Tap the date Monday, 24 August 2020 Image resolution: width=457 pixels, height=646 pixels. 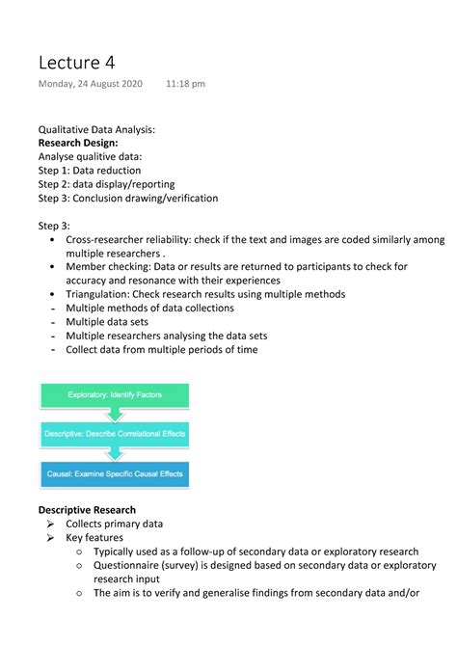(x=90, y=84)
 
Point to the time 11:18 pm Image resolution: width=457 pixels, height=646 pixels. (x=185, y=84)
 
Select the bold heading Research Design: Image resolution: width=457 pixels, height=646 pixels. (x=78, y=142)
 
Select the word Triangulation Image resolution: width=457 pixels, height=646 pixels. (x=99, y=294)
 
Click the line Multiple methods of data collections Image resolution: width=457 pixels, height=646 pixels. (x=149, y=309)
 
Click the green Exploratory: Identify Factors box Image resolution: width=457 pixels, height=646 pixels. (x=114, y=394)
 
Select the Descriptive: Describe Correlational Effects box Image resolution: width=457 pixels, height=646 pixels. (x=114, y=434)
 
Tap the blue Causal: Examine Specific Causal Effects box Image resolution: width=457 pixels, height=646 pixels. (x=114, y=473)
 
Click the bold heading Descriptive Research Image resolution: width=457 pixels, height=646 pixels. (x=87, y=509)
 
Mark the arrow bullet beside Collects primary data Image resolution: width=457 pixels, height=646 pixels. (x=51, y=524)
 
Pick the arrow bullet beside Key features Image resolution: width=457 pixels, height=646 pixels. (x=51, y=538)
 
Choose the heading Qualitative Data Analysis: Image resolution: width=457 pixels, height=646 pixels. (x=96, y=128)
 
